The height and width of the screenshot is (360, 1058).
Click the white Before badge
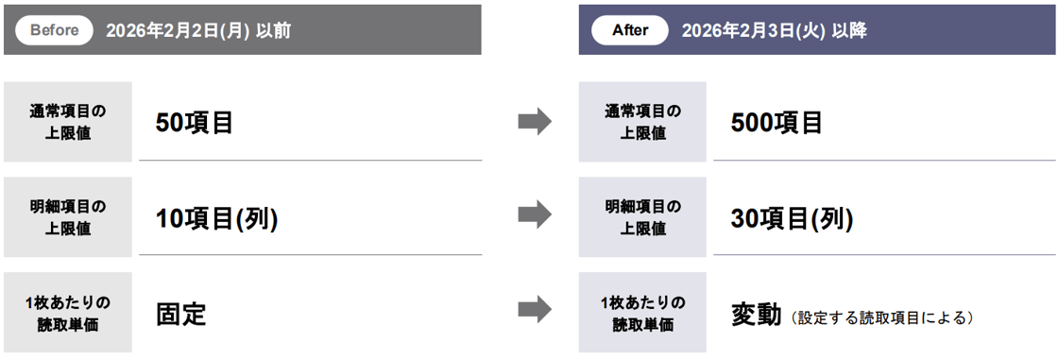click(55, 30)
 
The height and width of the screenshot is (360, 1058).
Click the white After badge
click(630, 30)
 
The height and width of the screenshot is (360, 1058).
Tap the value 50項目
click(195, 123)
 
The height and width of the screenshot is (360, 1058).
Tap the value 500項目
click(776, 123)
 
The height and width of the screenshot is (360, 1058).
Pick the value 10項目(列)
click(216, 218)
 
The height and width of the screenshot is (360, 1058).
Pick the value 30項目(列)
click(792, 218)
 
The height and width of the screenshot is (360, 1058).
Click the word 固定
click(181, 314)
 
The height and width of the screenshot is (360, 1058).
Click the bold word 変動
click(756, 314)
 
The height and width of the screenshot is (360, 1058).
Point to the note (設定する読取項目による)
click(882, 317)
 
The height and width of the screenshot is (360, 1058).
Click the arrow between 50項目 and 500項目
click(535, 122)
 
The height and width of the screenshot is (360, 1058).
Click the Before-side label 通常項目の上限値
click(68, 122)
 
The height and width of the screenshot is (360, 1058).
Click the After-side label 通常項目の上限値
click(642, 122)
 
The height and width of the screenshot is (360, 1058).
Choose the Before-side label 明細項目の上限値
click(68, 216)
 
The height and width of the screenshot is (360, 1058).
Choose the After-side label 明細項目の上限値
click(642, 216)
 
